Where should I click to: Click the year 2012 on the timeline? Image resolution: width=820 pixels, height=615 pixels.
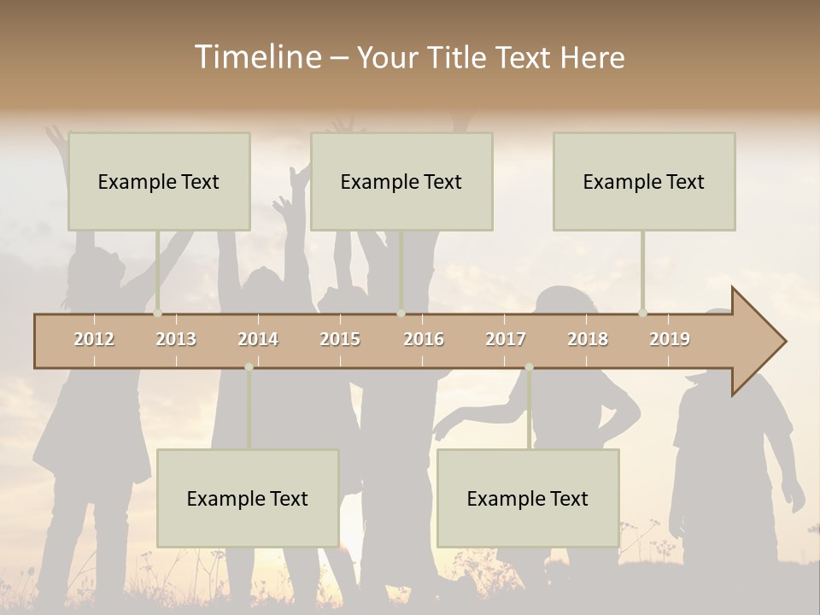[x=94, y=339]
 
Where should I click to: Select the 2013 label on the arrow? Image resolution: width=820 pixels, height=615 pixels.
[x=176, y=339]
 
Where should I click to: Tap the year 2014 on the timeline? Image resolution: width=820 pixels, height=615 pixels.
[x=258, y=339]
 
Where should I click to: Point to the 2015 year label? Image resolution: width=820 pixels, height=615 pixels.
[x=340, y=339]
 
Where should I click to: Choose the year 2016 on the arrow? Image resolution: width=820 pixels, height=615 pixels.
[x=424, y=339]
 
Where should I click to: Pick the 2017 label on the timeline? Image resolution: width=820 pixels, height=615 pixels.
[x=506, y=339]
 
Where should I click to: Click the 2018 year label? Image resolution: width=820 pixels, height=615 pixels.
[x=588, y=339]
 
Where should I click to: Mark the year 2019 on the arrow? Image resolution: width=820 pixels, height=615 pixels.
[x=670, y=339]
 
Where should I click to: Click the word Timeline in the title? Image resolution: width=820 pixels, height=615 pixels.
[x=256, y=57]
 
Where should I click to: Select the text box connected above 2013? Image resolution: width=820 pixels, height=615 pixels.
[x=159, y=181]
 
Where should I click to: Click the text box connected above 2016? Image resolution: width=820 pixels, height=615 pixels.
[x=401, y=181]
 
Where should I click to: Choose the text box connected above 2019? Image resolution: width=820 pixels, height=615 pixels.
[x=644, y=181]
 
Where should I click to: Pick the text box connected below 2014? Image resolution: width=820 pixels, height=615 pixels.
[x=248, y=498]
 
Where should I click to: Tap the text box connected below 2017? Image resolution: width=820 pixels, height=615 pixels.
[x=528, y=498]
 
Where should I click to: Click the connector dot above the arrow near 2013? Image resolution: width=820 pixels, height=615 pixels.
[x=157, y=313]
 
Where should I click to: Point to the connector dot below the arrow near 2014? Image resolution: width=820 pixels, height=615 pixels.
[x=249, y=367]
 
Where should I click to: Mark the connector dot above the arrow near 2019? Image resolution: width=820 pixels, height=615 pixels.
[x=642, y=313]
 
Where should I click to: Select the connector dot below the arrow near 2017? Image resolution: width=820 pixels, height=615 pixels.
[x=529, y=367]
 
